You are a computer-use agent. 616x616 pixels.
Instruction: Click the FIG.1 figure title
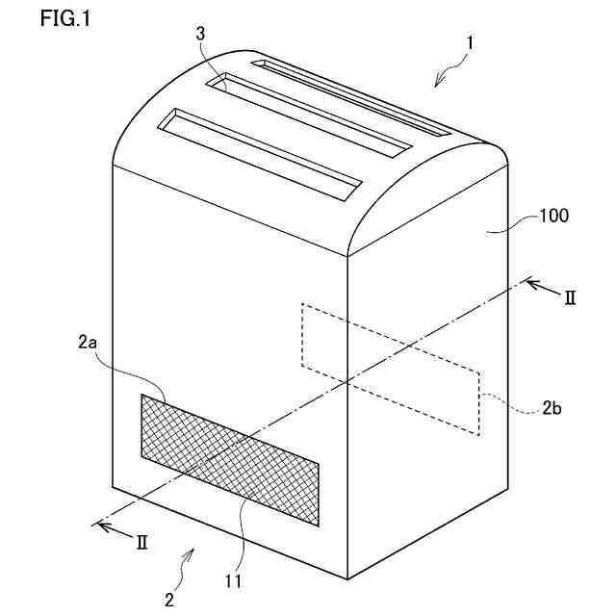tap(65, 18)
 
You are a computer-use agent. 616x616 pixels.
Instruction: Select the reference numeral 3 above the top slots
tap(199, 34)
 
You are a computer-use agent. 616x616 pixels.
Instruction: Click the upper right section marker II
tap(568, 298)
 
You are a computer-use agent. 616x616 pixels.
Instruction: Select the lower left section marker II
tap(141, 543)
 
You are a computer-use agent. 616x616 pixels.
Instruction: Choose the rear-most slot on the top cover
tap(351, 96)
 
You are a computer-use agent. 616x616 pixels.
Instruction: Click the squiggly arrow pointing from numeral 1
tap(447, 72)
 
